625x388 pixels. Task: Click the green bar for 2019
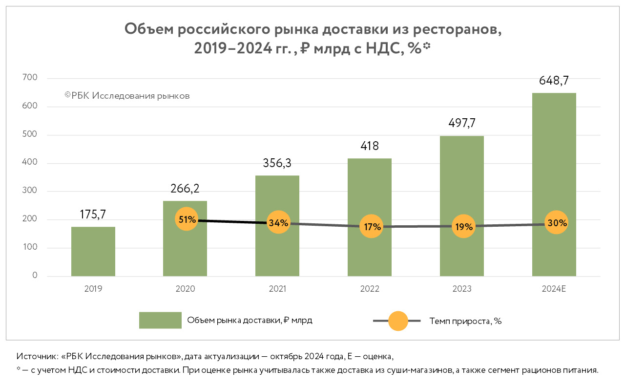pyautogui.click(x=93, y=252)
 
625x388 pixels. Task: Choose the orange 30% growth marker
pyautogui.click(x=556, y=223)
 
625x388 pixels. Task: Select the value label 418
pyautogui.click(x=370, y=146)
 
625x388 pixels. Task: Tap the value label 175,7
pyautogui.click(x=93, y=215)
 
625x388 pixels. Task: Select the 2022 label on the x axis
pyautogui.click(x=370, y=289)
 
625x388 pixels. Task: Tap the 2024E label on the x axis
pyautogui.click(x=554, y=289)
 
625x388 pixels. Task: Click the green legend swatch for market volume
pyautogui.click(x=160, y=321)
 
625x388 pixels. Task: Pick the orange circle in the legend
pyautogui.click(x=397, y=321)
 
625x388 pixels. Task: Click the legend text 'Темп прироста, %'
pyautogui.click(x=465, y=321)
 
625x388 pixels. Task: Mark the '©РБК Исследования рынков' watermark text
pyautogui.click(x=127, y=96)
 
